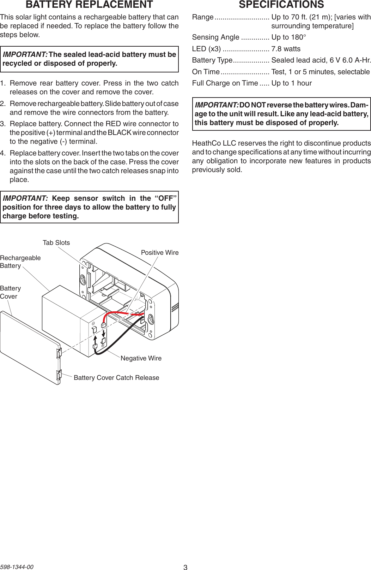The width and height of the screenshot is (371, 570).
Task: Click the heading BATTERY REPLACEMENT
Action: click(89, 5)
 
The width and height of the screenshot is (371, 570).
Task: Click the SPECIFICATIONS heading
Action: click(281, 5)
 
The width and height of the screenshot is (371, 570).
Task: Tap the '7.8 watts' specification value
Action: click(286, 49)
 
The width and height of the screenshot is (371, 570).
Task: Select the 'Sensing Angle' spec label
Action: click(215, 37)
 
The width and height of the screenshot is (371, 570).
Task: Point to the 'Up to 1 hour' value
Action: click(291, 83)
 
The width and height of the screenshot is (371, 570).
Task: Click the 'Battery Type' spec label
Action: click(212, 60)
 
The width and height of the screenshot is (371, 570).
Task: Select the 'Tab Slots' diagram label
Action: click(56, 243)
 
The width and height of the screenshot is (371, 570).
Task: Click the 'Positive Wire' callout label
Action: click(159, 253)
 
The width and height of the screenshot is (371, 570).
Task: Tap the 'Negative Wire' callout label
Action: click(141, 358)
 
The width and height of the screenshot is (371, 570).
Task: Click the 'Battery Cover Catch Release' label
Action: click(116, 378)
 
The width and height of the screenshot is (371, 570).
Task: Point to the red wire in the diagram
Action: click(123, 313)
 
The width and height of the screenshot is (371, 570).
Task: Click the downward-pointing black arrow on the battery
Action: click(104, 334)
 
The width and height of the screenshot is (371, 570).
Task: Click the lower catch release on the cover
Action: click(59, 375)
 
